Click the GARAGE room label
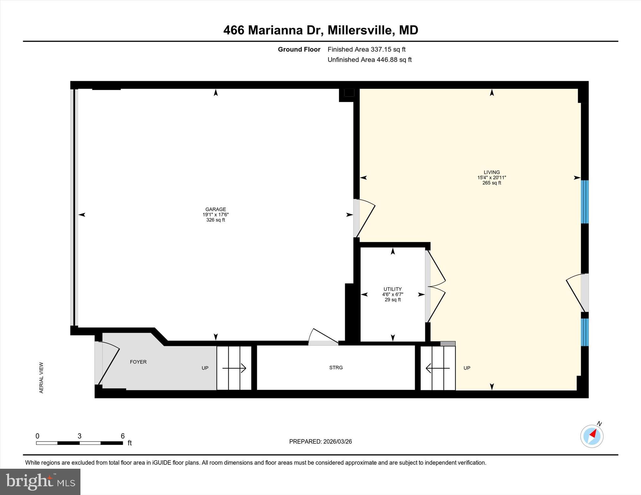pyautogui.click(x=215, y=210)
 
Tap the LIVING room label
pyautogui.click(x=491, y=172)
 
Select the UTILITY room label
pyautogui.click(x=392, y=289)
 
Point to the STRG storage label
pyautogui.click(x=336, y=368)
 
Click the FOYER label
pyautogui.click(x=138, y=362)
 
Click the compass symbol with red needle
pyautogui.click(x=592, y=436)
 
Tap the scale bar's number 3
pyautogui.click(x=79, y=436)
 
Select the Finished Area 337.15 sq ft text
pyautogui.click(x=366, y=49)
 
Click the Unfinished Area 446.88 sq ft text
pyautogui.click(x=369, y=60)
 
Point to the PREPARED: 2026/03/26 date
pyautogui.click(x=320, y=442)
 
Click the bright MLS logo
pyautogui.click(x=40, y=482)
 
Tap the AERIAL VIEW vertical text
pyautogui.click(x=41, y=377)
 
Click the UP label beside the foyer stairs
pyautogui.click(x=205, y=368)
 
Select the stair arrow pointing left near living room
pyautogui.click(x=437, y=368)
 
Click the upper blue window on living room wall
pyautogui.click(x=584, y=202)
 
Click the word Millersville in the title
pyautogui.click(x=360, y=30)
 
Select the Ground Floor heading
pyautogui.click(x=299, y=49)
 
